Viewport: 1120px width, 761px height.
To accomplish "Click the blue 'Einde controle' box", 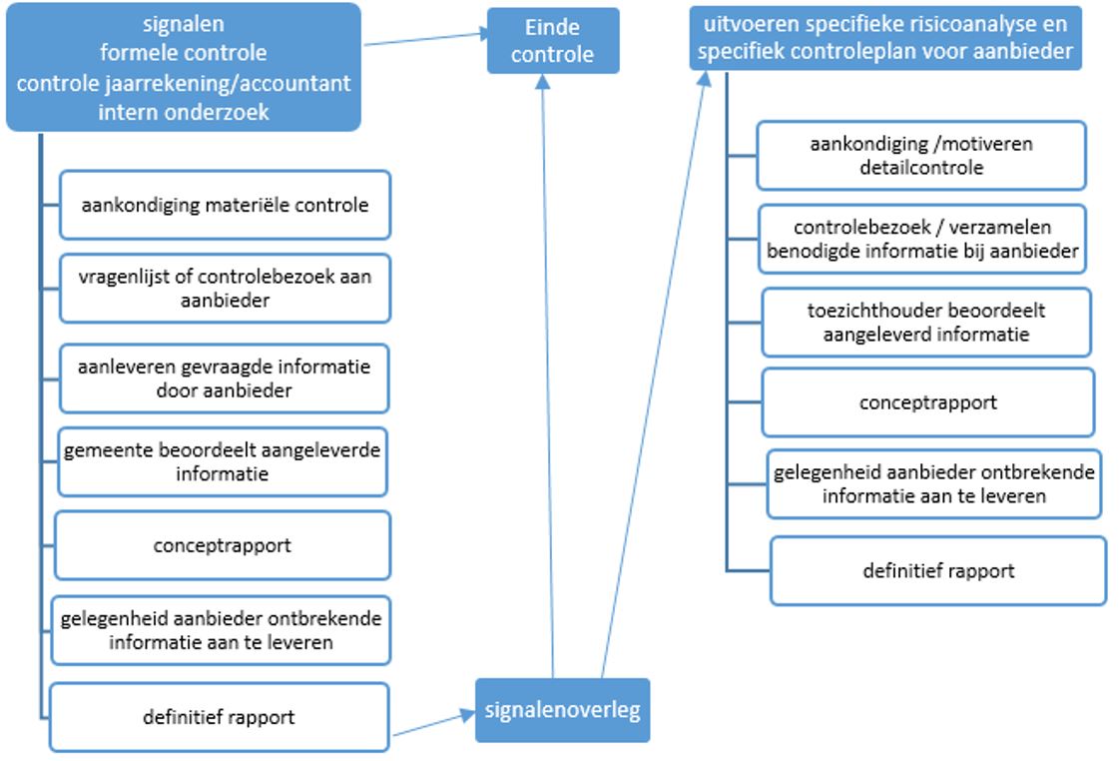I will [x=552, y=41].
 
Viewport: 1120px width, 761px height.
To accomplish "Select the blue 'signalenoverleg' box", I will [x=562, y=710].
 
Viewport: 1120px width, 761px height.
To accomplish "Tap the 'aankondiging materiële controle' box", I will [x=225, y=205].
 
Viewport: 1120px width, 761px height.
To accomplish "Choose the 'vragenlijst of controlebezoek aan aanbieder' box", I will [x=225, y=288].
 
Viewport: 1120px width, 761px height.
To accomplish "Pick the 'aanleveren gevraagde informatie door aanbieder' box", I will [x=224, y=379].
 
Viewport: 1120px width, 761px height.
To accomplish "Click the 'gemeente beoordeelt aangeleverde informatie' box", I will [x=222, y=462].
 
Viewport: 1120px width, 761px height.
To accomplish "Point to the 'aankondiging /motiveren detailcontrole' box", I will [x=920, y=156].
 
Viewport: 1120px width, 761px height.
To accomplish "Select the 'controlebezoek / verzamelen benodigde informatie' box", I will [x=922, y=240].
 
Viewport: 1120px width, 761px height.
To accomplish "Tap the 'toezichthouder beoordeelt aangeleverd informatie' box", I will [x=925, y=322].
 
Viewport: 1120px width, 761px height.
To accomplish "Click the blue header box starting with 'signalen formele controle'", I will [x=184, y=68].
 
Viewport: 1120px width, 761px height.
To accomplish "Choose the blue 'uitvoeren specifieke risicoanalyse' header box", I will [x=885, y=37].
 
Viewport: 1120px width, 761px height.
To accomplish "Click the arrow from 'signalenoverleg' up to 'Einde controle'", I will [x=547, y=380].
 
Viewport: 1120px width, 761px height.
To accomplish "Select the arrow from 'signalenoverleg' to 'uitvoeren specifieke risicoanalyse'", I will [x=654, y=380].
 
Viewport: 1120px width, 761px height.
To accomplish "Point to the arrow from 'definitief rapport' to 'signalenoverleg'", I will [x=432, y=724].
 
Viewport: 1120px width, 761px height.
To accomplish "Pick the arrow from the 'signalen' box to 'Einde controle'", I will [x=424, y=39].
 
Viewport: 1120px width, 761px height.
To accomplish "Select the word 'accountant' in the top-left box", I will [x=298, y=84].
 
